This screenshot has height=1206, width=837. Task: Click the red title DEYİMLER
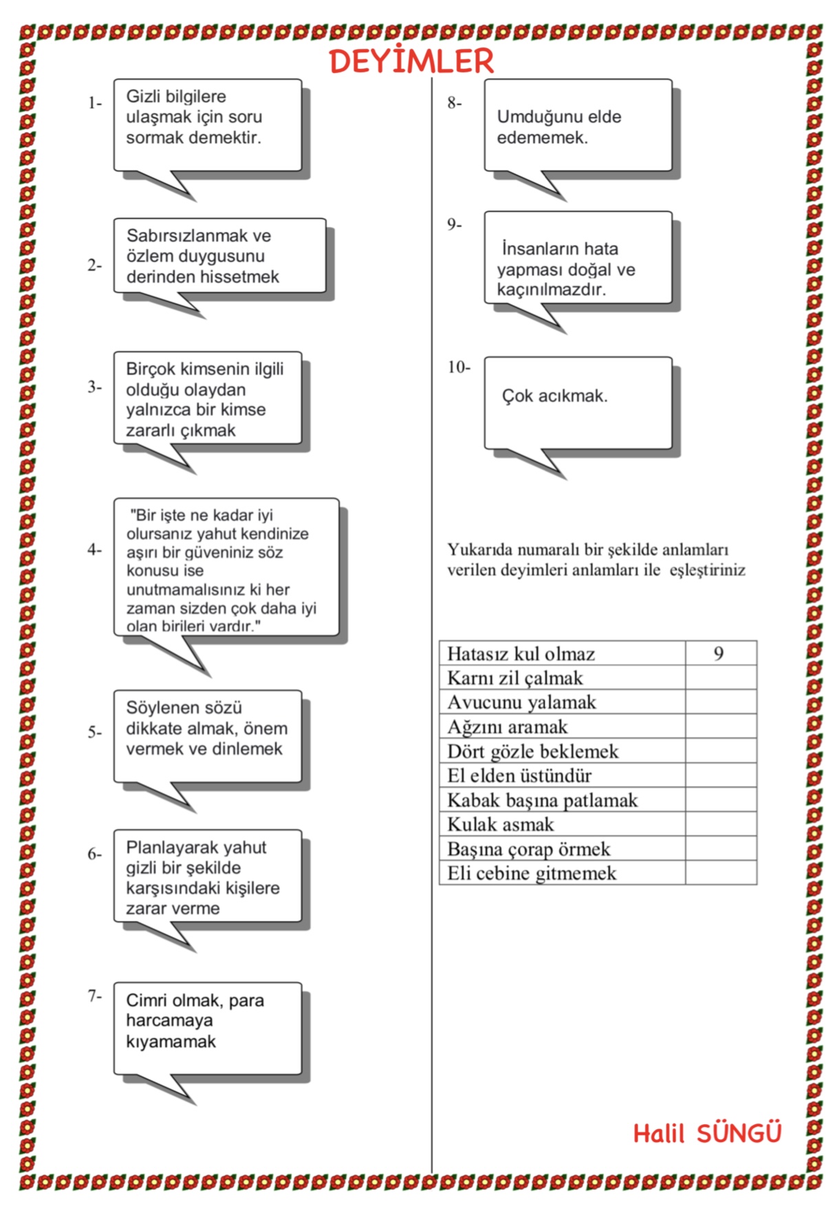[x=411, y=61]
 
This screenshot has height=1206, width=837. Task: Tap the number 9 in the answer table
[x=719, y=654]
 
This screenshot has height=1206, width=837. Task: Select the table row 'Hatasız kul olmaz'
[x=521, y=654]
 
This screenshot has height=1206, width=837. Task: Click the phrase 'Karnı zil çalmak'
[x=514, y=678]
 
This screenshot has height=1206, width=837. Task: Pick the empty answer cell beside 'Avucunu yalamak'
[x=720, y=702]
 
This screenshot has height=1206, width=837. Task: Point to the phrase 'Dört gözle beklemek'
[x=532, y=751]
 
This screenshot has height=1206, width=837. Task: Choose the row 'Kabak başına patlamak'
[x=542, y=800]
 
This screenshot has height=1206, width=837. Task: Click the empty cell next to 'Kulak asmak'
[x=720, y=824]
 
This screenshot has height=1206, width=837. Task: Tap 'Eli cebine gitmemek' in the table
[x=531, y=873]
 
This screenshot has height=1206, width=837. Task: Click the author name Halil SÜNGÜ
[x=707, y=1133]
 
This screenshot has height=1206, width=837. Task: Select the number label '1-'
[x=94, y=103]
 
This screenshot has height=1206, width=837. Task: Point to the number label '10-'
[x=459, y=367]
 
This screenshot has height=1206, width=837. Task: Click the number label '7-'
[x=94, y=995]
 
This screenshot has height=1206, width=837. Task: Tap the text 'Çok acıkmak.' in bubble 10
[x=554, y=396]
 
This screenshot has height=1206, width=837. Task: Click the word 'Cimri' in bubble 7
[x=146, y=1000]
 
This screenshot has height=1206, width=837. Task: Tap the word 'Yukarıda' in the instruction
[x=479, y=550]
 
